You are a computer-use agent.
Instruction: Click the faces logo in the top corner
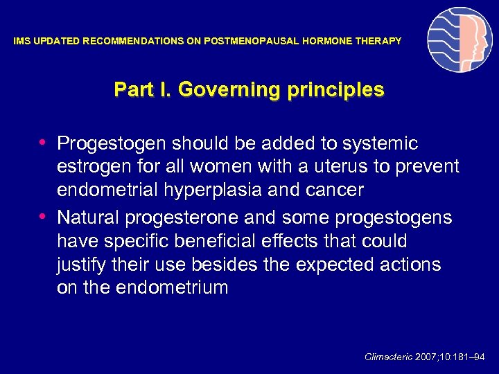(459, 40)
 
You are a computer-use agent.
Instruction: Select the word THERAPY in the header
(379, 42)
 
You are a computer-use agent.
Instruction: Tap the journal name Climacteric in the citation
(388, 357)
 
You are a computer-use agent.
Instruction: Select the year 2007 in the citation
(428, 357)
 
